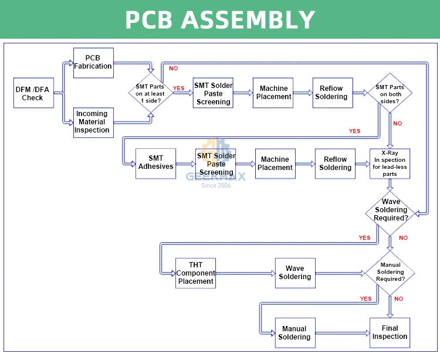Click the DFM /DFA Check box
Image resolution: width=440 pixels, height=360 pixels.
pyautogui.click(x=33, y=93)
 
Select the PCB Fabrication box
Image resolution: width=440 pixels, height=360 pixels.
pyautogui.click(x=93, y=63)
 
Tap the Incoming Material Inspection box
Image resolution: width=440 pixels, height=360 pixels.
pyautogui.click(x=92, y=122)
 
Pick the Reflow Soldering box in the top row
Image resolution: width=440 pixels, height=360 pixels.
pyautogui.click(x=332, y=93)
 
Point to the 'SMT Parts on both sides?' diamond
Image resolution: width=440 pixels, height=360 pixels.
pyautogui.click(x=390, y=93)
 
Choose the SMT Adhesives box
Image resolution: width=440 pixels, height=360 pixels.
pyautogui.click(x=155, y=162)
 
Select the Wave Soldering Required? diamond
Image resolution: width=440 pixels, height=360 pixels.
pyautogui.click(x=391, y=210)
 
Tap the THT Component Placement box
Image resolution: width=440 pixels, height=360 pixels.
pyautogui.click(x=195, y=273)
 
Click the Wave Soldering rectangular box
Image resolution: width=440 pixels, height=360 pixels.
pyautogui.click(x=295, y=273)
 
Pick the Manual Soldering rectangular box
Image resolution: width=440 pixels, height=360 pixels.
pyautogui.click(x=295, y=333)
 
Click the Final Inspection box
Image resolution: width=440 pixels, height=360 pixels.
pyautogui.click(x=390, y=332)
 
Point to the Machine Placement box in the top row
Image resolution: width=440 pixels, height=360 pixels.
pyautogui.click(x=273, y=93)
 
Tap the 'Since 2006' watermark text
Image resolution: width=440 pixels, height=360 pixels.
pyautogui.click(x=216, y=185)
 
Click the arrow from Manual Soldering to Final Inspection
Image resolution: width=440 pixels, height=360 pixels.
pyautogui.click(x=342, y=333)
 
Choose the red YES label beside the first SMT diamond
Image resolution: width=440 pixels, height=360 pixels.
pyautogui.click(x=178, y=89)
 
